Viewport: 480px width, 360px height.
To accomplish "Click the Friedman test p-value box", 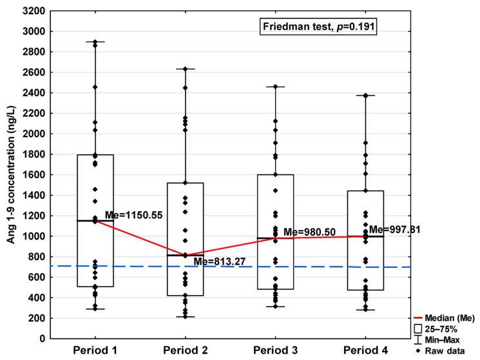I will (x=309, y=26).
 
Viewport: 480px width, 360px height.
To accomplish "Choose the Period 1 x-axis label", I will (x=95, y=352).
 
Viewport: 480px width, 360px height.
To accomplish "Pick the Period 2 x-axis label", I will (x=186, y=352).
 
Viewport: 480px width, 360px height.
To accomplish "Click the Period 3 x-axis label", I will (x=275, y=352).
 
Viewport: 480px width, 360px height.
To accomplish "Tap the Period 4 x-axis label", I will (x=365, y=352).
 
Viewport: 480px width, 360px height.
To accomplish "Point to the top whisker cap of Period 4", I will (x=365, y=95).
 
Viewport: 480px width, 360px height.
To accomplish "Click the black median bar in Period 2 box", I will (x=186, y=255).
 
